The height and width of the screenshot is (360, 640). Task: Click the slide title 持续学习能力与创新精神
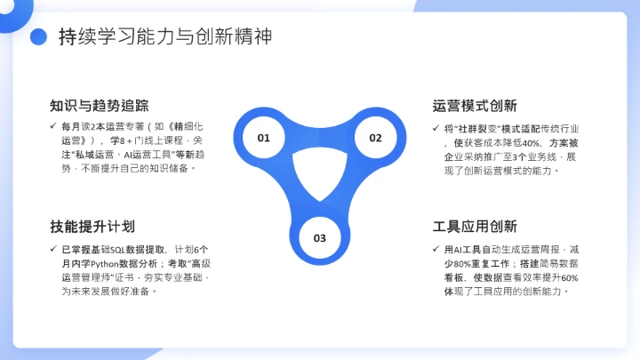164,36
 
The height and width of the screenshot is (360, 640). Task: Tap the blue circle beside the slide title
38,36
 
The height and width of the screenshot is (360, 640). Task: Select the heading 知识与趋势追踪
100,106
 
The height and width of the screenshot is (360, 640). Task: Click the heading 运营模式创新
475,106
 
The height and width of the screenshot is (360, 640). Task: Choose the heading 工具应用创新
475,226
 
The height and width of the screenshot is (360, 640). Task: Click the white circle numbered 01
264,138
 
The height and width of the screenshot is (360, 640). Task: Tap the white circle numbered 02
375,138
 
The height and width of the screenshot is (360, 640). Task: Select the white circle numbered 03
320,237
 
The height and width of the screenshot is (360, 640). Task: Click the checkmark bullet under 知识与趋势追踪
54,127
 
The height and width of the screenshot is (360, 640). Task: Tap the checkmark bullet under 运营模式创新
436,128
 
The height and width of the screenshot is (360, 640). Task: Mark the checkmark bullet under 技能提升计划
54,248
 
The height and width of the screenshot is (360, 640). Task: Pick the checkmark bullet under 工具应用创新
436,248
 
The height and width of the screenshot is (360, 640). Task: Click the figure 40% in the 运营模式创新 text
530,142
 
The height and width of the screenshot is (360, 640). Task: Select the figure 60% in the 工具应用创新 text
568,277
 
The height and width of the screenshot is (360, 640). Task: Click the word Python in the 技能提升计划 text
109,263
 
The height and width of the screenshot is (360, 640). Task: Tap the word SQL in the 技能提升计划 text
119,249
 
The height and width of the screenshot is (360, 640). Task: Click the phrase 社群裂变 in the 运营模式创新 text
475,128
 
